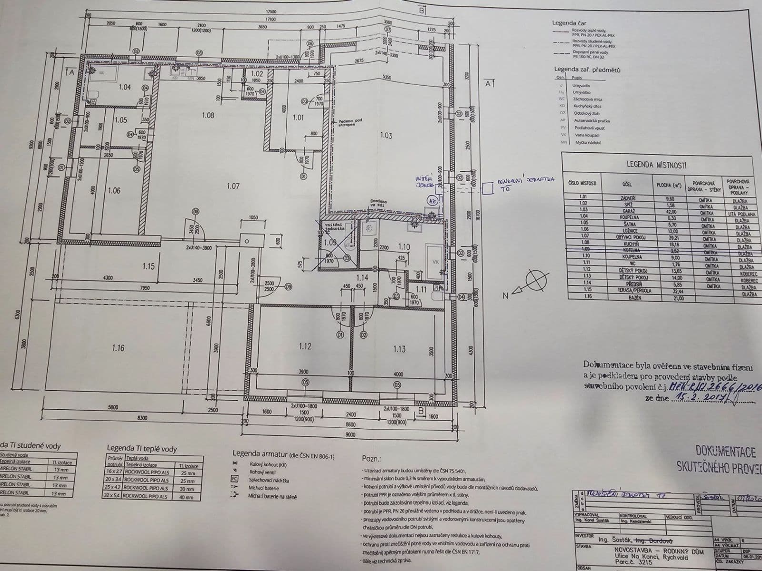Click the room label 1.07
click(233, 186)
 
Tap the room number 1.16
click(118, 348)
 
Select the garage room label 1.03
click(386, 136)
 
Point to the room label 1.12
click(305, 346)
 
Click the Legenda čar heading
click(569, 23)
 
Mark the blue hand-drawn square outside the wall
click(487, 189)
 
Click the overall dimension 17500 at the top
click(271, 11)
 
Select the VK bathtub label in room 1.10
click(435, 262)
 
